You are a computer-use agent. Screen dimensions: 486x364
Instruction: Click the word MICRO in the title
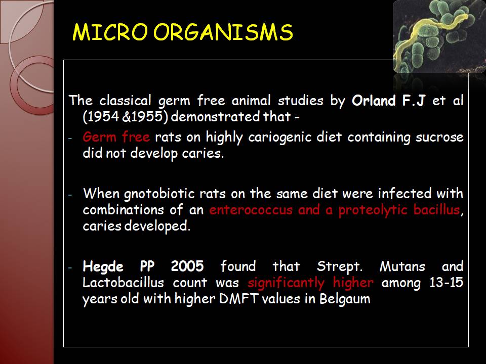coord(110,32)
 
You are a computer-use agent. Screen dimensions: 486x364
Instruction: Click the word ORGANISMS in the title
coord(223,32)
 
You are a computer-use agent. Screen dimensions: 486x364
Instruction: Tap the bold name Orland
coord(374,101)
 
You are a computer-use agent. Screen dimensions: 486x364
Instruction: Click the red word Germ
coord(100,137)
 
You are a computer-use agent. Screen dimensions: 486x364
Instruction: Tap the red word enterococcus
coord(251,210)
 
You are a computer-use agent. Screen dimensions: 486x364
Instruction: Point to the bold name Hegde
coord(103,267)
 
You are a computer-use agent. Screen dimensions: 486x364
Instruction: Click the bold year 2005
coord(187,266)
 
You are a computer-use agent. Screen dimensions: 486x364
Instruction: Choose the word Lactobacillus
coord(123,283)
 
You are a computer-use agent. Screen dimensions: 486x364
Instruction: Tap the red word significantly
coord(286,283)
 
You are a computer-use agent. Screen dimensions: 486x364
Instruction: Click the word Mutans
coord(402,266)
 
